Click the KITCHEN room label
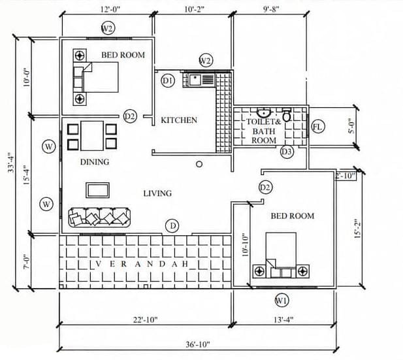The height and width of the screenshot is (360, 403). pos(179,120)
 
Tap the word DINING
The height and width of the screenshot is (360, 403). pos(95,162)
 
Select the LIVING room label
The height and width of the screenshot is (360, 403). pos(157,193)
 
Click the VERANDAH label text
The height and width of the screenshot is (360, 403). pos(142,264)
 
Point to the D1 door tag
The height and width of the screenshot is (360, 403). pos(168,81)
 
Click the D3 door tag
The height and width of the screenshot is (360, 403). pos(287,152)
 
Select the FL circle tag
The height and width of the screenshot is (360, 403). pos(318,127)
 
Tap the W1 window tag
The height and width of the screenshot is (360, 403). pos(282,301)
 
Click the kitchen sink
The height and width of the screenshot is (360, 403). pos(202,80)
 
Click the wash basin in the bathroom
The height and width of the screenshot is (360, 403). pos(263,112)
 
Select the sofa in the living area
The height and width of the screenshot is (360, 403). pos(99,218)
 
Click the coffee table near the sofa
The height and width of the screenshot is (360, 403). pos(97,190)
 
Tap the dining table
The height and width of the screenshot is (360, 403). pos(92,136)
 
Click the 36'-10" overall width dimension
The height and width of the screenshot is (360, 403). pos(198,344)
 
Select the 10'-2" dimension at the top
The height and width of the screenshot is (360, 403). pos(194,9)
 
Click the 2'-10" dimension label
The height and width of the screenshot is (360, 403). pos(345,176)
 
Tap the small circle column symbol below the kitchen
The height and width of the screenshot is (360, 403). pos(199,164)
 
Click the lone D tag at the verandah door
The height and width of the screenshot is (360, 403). pos(172,226)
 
